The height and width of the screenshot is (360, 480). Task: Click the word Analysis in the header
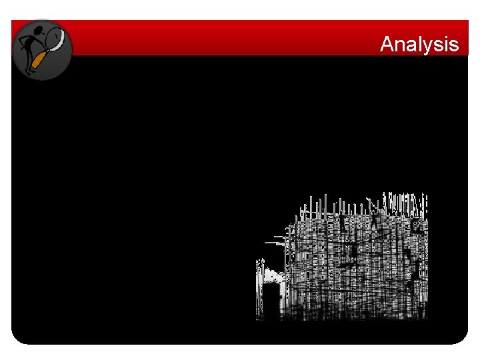pos(419,45)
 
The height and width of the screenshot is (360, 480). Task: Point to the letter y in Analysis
pos(427,47)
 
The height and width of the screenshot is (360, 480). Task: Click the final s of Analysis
pos(454,46)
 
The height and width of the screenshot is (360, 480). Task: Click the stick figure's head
pos(38,31)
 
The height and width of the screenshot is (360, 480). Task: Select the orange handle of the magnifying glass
pos(39,60)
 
